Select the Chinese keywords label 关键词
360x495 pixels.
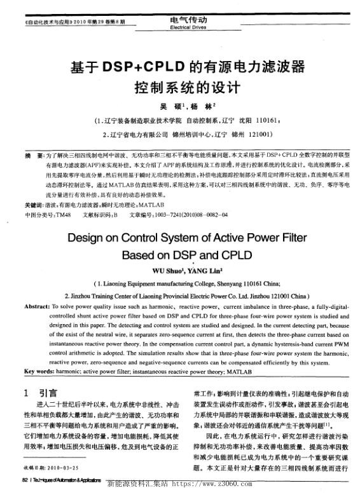pyautogui.click(x=34, y=206)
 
